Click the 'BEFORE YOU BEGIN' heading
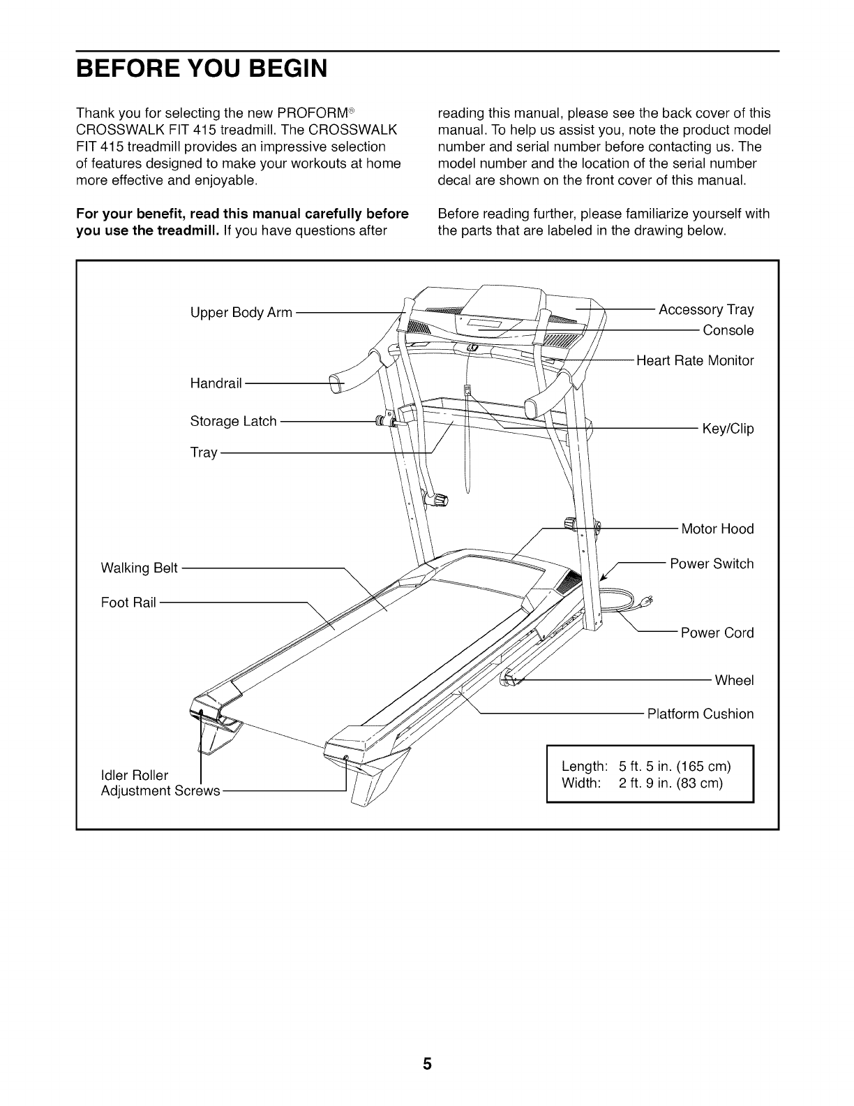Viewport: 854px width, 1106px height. pos(202,69)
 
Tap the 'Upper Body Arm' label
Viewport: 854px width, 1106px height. pos(241,313)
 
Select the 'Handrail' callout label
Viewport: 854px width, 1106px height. pos(216,383)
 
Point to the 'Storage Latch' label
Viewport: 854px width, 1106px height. pos(233,421)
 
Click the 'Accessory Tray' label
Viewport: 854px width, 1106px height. pos(706,309)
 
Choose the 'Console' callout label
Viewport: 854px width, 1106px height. pos(728,330)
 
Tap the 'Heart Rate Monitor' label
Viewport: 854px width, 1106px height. pos(695,361)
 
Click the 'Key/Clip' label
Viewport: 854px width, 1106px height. pos(728,429)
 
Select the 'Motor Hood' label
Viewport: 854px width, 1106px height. pos(717,529)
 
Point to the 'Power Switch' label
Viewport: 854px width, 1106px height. pos(712,563)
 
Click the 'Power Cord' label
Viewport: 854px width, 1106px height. pos(717,633)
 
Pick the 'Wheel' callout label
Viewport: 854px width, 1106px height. pos(734,680)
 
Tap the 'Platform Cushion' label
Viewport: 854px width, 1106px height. pos(701,714)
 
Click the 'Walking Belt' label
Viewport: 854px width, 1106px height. pos(140,568)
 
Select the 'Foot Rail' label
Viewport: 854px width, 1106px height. pos(128,602)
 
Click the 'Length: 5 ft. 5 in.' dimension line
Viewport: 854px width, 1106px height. pos(646,766)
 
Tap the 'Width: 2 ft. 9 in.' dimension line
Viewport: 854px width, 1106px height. pos(642,783)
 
